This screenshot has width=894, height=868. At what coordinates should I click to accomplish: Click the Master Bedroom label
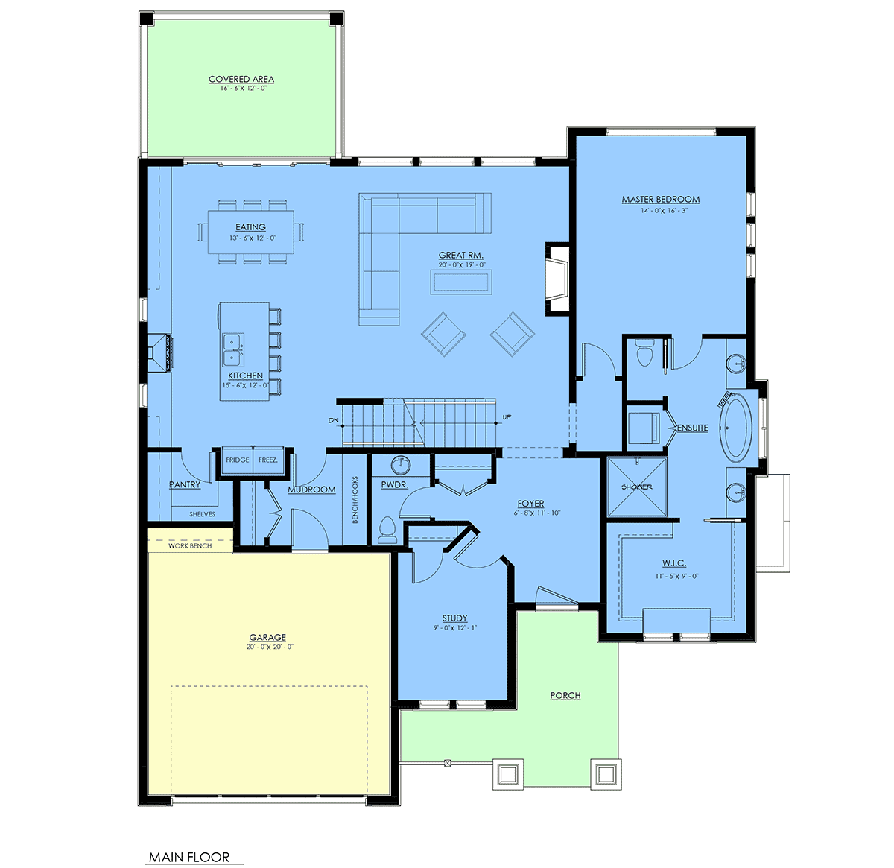(660, 200)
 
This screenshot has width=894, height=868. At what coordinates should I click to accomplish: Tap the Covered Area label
(241, 79)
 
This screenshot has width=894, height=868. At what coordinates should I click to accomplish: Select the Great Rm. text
(460, 256)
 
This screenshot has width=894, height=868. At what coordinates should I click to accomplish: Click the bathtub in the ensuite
(735, 428)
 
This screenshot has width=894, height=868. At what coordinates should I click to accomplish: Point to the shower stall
(637, 487)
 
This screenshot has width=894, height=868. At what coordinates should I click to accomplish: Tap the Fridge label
(238, 460)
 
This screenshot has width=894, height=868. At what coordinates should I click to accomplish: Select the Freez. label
(268, 460)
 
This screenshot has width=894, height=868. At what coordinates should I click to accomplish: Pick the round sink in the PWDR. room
(402, 465)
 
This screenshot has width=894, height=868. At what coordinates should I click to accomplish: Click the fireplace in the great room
(557, 278)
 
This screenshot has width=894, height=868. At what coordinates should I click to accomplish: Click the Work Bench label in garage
(190, 546)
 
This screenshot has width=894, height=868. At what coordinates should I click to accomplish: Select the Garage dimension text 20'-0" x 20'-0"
(269, 647)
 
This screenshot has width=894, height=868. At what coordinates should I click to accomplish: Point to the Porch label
(565, 695)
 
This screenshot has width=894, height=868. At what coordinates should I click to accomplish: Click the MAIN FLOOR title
(189, 857)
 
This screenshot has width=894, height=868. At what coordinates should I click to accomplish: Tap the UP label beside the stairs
(507, 417)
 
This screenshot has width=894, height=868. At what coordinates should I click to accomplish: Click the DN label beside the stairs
(332, 421)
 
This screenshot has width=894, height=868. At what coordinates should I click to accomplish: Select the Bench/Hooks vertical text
(355, 500)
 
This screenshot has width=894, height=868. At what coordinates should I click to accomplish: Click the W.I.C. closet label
(673, 563)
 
